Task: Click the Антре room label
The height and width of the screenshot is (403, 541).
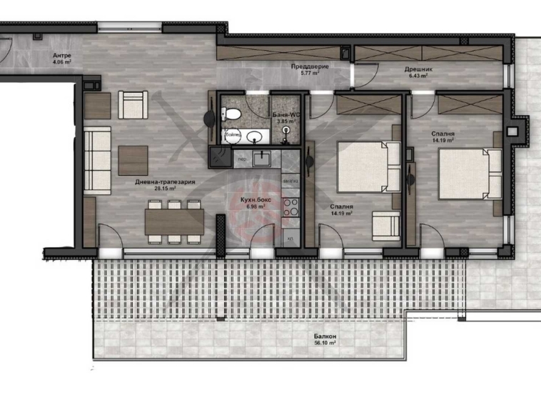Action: (x=61, y=55)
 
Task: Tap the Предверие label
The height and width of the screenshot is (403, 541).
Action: (x=305, y=66)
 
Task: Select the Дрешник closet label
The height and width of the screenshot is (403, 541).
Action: (x=415, y=69)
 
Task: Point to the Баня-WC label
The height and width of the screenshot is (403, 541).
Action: (x=285, y=114)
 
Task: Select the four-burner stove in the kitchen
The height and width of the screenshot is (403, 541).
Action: (x=290, y=207)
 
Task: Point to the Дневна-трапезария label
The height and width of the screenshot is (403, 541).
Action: (x=165, y=182)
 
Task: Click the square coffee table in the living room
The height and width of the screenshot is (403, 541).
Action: (x=133, y=159)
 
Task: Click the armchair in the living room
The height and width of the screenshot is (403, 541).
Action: (x=133, y=106)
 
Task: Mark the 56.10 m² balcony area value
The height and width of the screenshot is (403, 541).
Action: (x=324, y=343)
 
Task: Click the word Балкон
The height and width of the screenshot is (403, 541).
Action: (x=324, y=336)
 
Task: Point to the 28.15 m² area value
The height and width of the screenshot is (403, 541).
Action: (x=165, y=189)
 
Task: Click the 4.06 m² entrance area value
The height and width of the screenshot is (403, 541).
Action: (x=61, y=61)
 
